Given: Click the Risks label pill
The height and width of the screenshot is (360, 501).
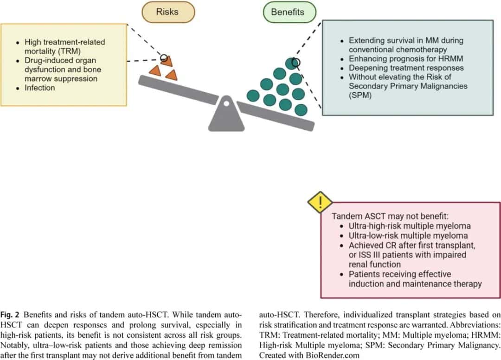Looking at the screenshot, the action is click(x=168, y=12).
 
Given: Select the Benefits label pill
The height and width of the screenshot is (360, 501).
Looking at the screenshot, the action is click(x=289, y=12).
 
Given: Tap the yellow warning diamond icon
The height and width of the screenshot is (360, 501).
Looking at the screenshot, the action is click(x=320, y=202).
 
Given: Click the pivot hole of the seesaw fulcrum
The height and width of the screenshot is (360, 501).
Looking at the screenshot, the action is click(x=226, y=103).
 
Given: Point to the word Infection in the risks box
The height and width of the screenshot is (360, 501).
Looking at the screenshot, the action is click(x=39, y=88).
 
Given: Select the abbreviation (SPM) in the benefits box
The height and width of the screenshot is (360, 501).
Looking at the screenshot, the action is click(x=360, y=95).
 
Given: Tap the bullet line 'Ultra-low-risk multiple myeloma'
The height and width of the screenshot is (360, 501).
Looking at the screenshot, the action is click(x=408, y=236).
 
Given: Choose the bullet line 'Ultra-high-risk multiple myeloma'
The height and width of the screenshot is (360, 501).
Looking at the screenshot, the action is click(x=410, y=226).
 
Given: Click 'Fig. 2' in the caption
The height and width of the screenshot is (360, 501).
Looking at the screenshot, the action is click(x=10, y=315).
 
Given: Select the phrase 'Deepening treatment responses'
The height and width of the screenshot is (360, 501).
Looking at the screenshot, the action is click(x=406, y=68).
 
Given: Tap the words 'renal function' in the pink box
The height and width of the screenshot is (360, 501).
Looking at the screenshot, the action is click(x=374, y=264).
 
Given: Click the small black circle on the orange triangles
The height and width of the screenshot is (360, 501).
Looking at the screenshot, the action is click(x=164, y=58).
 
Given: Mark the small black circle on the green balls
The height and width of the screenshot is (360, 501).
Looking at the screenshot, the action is click(x=296, y=63).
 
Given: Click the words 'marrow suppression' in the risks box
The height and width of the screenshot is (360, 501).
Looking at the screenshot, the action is click(x=61, y=79).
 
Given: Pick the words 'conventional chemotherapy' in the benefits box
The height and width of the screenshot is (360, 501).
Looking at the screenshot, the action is click(x=398, y=50).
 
